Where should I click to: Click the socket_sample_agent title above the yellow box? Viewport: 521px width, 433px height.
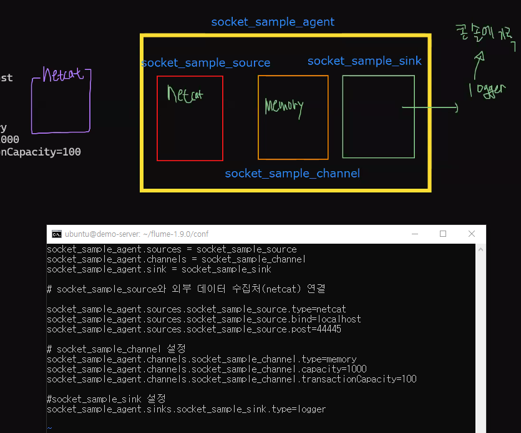273,22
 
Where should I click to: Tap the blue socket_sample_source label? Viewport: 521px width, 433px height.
206,63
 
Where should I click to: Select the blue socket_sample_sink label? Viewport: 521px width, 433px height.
364,61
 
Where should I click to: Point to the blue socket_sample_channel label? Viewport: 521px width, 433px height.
292,173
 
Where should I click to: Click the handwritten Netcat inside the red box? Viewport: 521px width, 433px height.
185,95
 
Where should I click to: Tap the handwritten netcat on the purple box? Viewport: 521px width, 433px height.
63,75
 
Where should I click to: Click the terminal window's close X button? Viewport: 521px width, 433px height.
471,234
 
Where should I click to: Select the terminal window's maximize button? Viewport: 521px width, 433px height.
443,234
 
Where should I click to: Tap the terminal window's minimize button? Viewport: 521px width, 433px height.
415,234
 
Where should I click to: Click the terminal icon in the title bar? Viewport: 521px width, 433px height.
57,234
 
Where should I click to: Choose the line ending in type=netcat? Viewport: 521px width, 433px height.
196,309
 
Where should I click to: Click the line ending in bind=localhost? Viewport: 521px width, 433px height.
203,319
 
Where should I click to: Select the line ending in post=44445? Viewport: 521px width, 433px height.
193,329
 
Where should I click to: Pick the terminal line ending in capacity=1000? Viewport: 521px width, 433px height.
207,369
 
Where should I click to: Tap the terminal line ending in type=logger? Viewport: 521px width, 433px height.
186,409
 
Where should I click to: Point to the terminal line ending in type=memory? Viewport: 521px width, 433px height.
202,359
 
